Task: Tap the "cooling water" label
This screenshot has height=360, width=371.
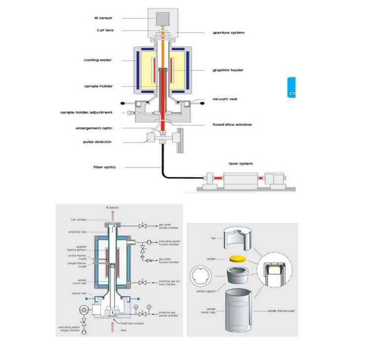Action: click(x=97, y=60)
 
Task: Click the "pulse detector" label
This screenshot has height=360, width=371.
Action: click(x=97, y=142)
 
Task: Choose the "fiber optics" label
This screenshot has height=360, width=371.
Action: click(x=105, y=167)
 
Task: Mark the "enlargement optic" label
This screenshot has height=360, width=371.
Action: click(x=93, y=128)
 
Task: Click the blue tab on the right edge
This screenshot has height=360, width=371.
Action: click(x=291, y=88)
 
